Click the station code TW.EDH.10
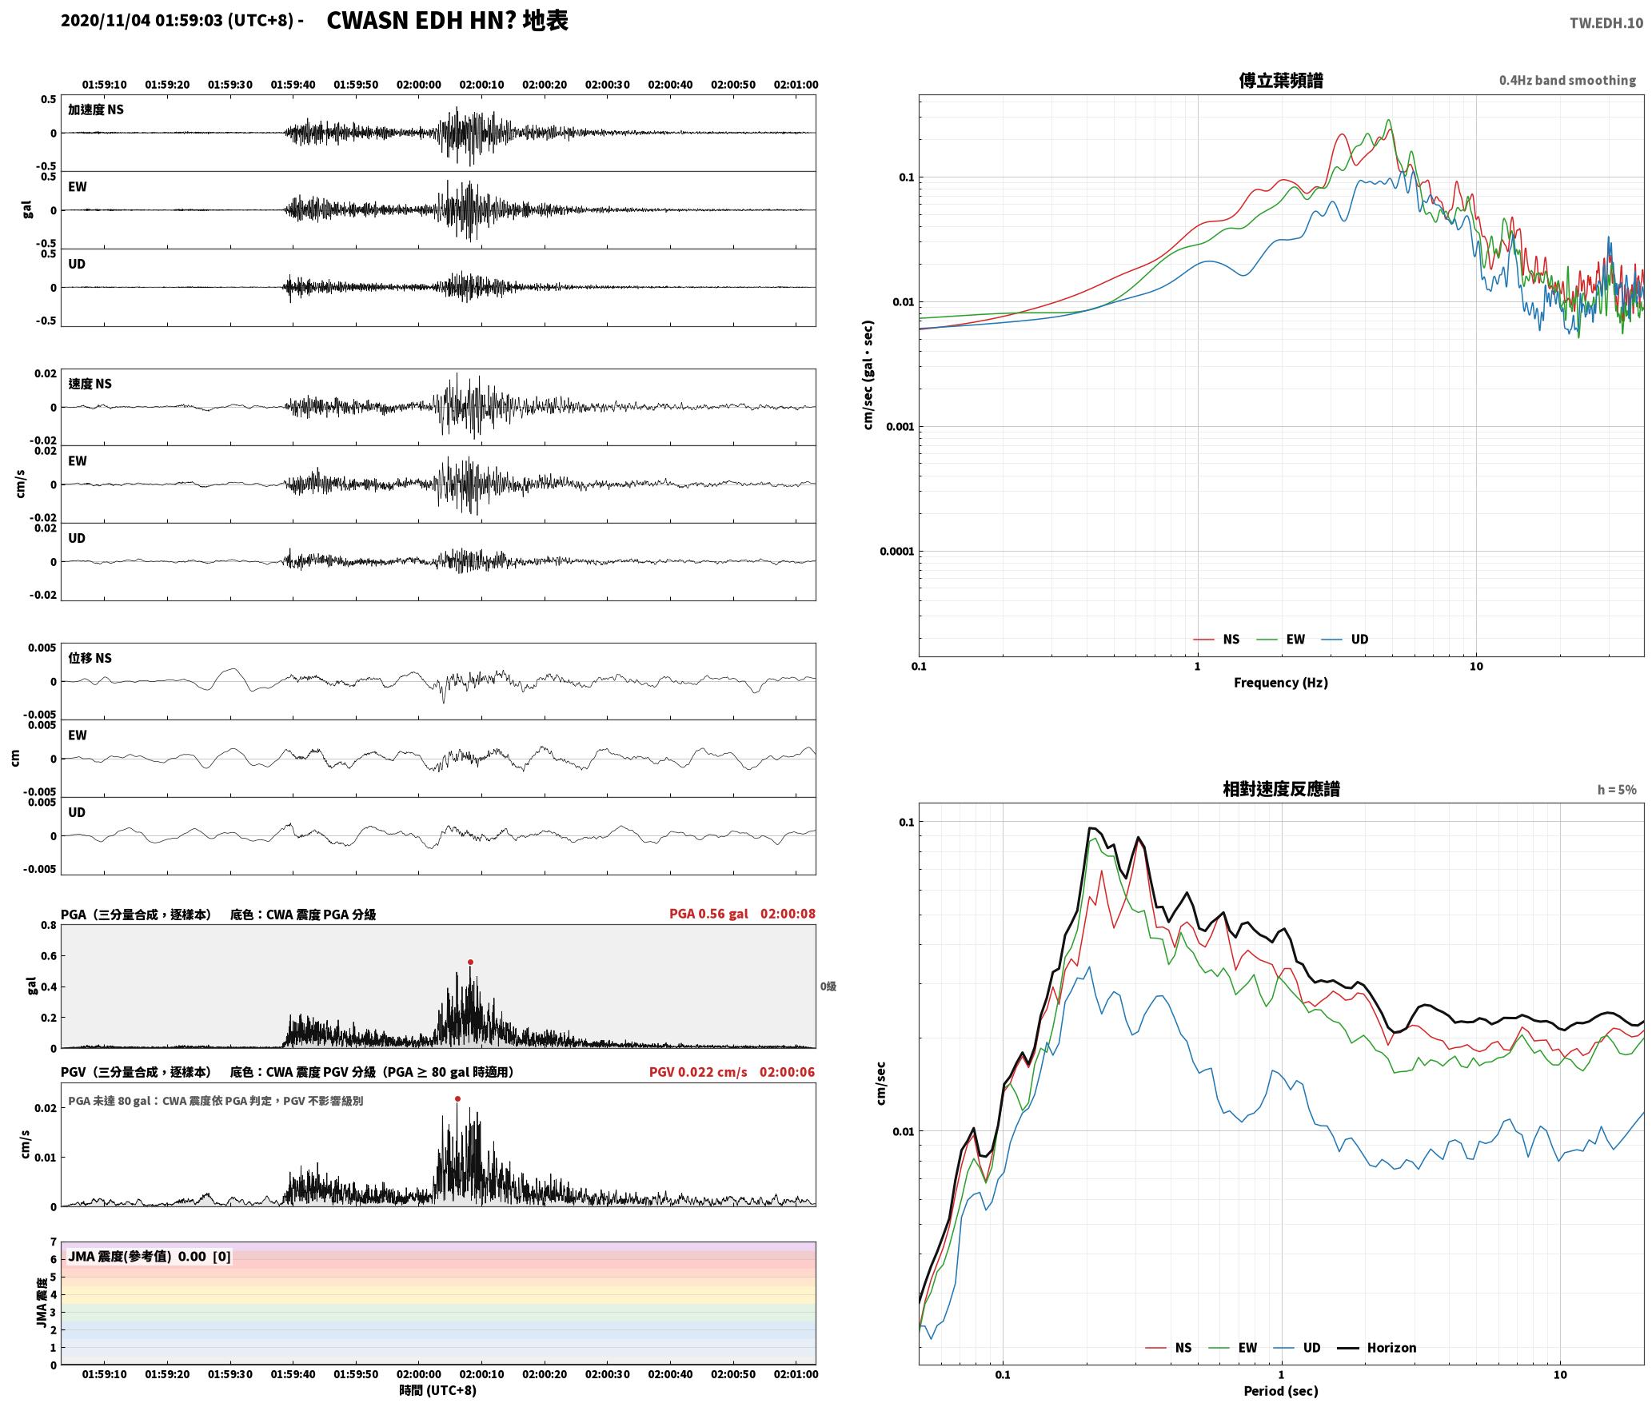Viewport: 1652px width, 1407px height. click(1606, 23)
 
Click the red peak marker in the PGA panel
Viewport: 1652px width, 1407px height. click(470, 963)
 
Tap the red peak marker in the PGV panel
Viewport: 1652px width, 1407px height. click(457, 1099)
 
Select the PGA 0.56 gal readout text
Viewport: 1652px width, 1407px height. click(708, 914)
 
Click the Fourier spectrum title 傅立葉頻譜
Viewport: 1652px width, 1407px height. click(1280, 81)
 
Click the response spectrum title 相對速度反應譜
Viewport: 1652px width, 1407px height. click(1281, 789)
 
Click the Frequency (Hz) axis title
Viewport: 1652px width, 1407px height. click(1280, 683)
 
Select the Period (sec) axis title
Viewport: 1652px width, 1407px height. click(1280, 1391)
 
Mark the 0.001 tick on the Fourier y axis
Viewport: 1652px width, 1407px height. click(900, 427)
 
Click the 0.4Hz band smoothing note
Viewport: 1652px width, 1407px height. click(1567, 81)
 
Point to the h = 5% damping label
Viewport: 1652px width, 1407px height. click(1617, 790)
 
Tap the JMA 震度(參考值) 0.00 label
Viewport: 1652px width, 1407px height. click(150, 1257)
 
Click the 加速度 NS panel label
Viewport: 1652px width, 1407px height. click(96, 110)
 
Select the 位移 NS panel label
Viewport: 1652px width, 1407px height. click(90, 658)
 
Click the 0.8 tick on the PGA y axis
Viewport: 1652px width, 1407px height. click(49, 926)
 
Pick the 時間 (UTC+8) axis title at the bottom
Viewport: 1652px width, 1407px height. click(438, 1390)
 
